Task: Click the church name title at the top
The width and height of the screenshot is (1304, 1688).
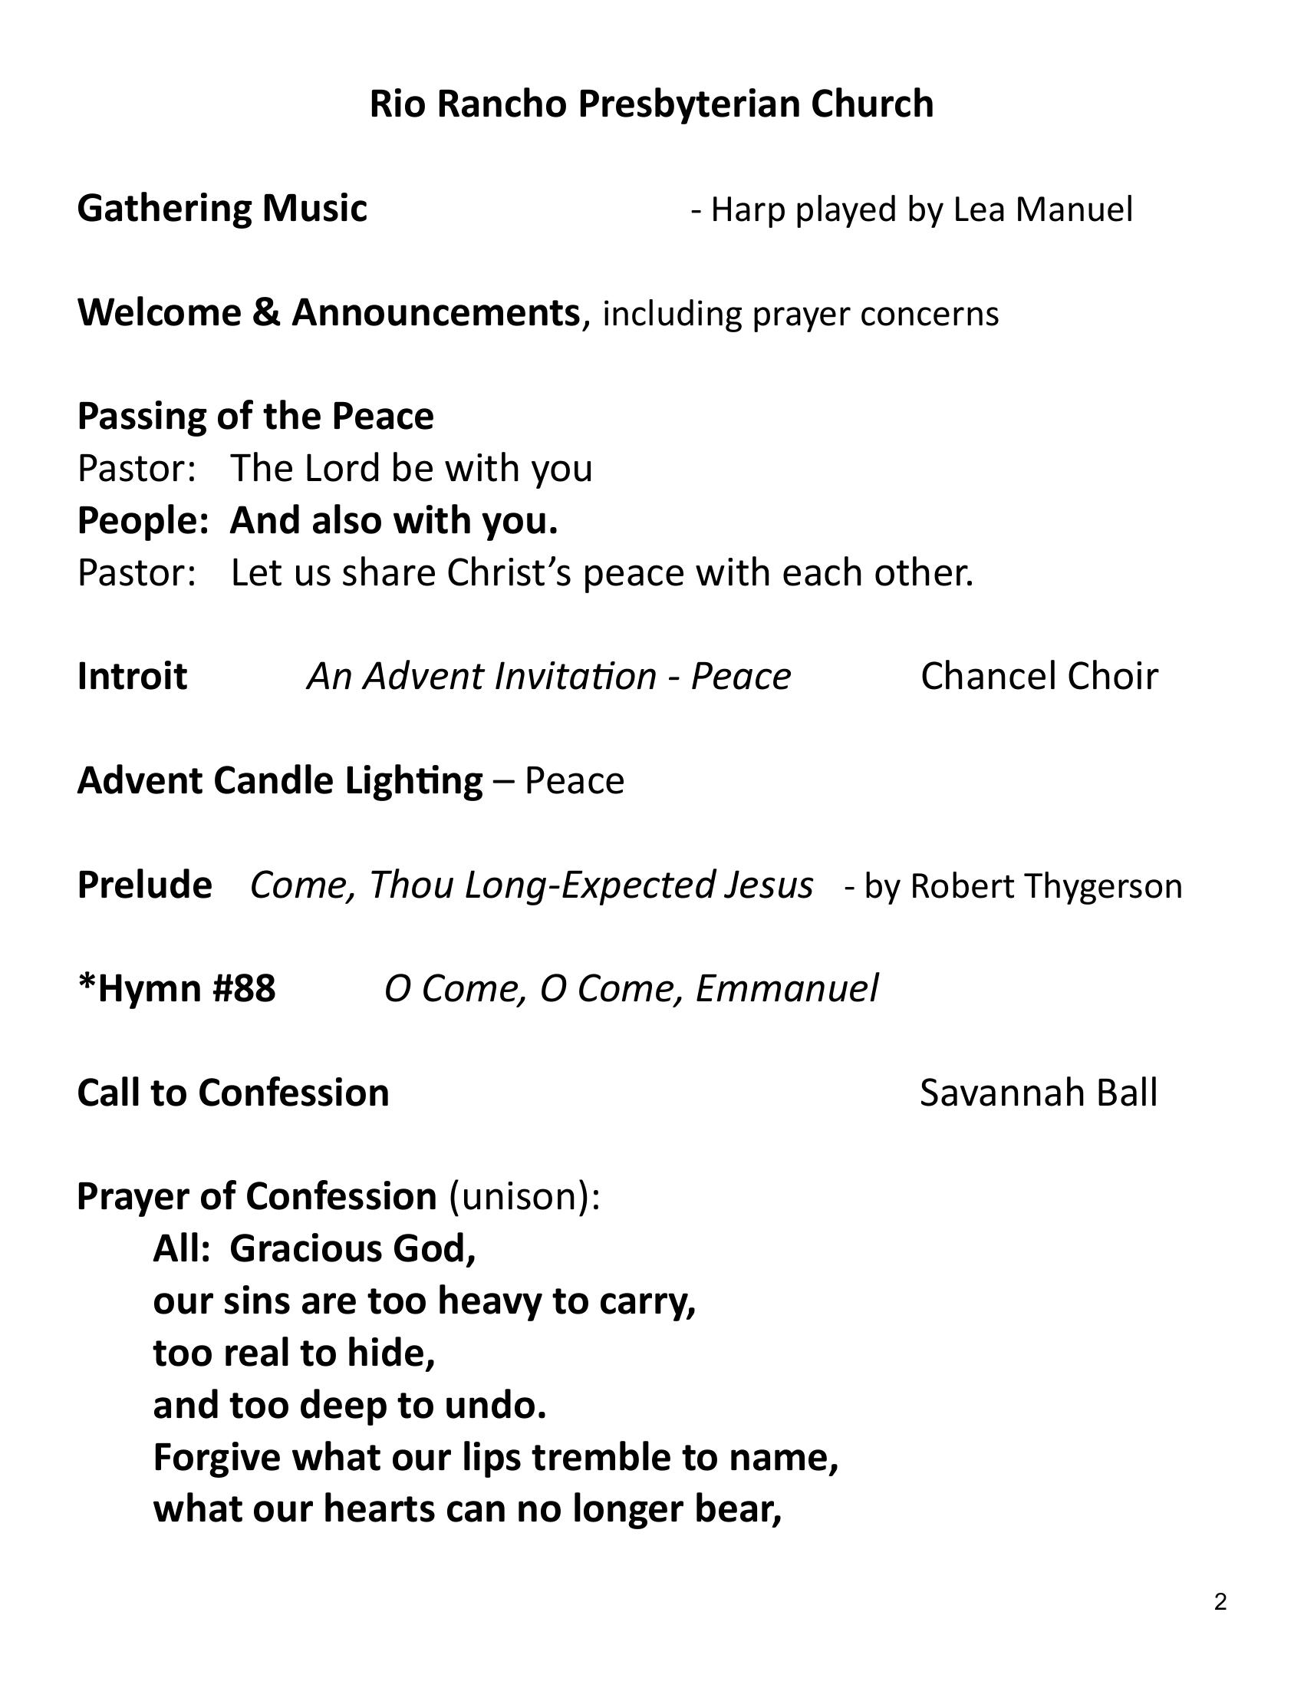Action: pyautogui.click(x=651, y=104)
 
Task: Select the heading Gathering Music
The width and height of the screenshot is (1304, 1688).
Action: pyautogui.click(x=222, y=209)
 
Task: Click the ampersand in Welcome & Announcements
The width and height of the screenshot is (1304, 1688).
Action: pyautogui.click(x=265, y=313)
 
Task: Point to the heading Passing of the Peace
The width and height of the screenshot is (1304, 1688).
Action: pyautogui.click(x=255, y=417)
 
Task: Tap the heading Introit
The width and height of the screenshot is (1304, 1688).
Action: pyautogui.click(x=132, y=676)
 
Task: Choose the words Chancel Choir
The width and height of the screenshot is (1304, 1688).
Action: pyautogui.click(x=1039, y=676)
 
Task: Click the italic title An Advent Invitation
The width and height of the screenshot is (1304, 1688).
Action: pyautogui.click(x=481, y=676)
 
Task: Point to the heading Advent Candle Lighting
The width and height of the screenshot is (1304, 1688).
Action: pyautogui.click(x=280, y=780)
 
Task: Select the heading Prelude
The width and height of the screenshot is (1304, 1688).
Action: pyautogui.click(x=144, y=885)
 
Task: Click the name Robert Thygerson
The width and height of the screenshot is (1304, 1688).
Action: pyautogui.click(x=1046, y=885)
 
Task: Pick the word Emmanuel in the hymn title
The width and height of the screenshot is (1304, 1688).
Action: pyautogui.click(x=786, y=988)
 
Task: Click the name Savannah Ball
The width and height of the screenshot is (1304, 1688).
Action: pyautogui.click(x=1039, y=1093)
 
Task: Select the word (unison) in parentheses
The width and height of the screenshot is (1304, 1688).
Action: pyautogui.click(x=519, y=1197)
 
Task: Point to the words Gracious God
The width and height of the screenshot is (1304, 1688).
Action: pyautogui.click(x=352, y=1249)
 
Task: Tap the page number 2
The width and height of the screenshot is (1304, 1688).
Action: pyautogui.click(x=1220, y=1602)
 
